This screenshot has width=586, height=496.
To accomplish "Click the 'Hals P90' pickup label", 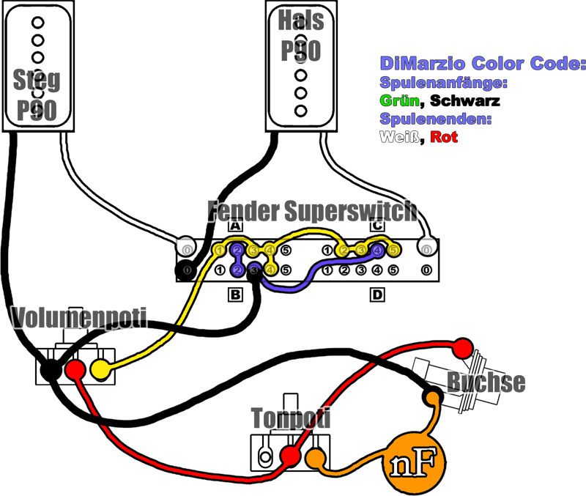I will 300,37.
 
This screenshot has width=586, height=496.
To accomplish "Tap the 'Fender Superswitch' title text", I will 312,211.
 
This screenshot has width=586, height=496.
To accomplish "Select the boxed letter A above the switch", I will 235,226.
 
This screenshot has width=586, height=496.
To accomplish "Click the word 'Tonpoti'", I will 291,418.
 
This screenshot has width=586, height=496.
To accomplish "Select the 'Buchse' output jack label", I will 486,382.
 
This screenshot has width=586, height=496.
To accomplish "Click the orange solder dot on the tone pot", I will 316,459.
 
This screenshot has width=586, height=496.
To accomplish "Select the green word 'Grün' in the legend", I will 399,100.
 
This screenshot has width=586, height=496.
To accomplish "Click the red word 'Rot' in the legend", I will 444,137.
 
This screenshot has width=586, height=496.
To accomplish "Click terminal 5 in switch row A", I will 286,251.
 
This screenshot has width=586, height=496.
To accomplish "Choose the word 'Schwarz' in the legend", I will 465,100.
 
